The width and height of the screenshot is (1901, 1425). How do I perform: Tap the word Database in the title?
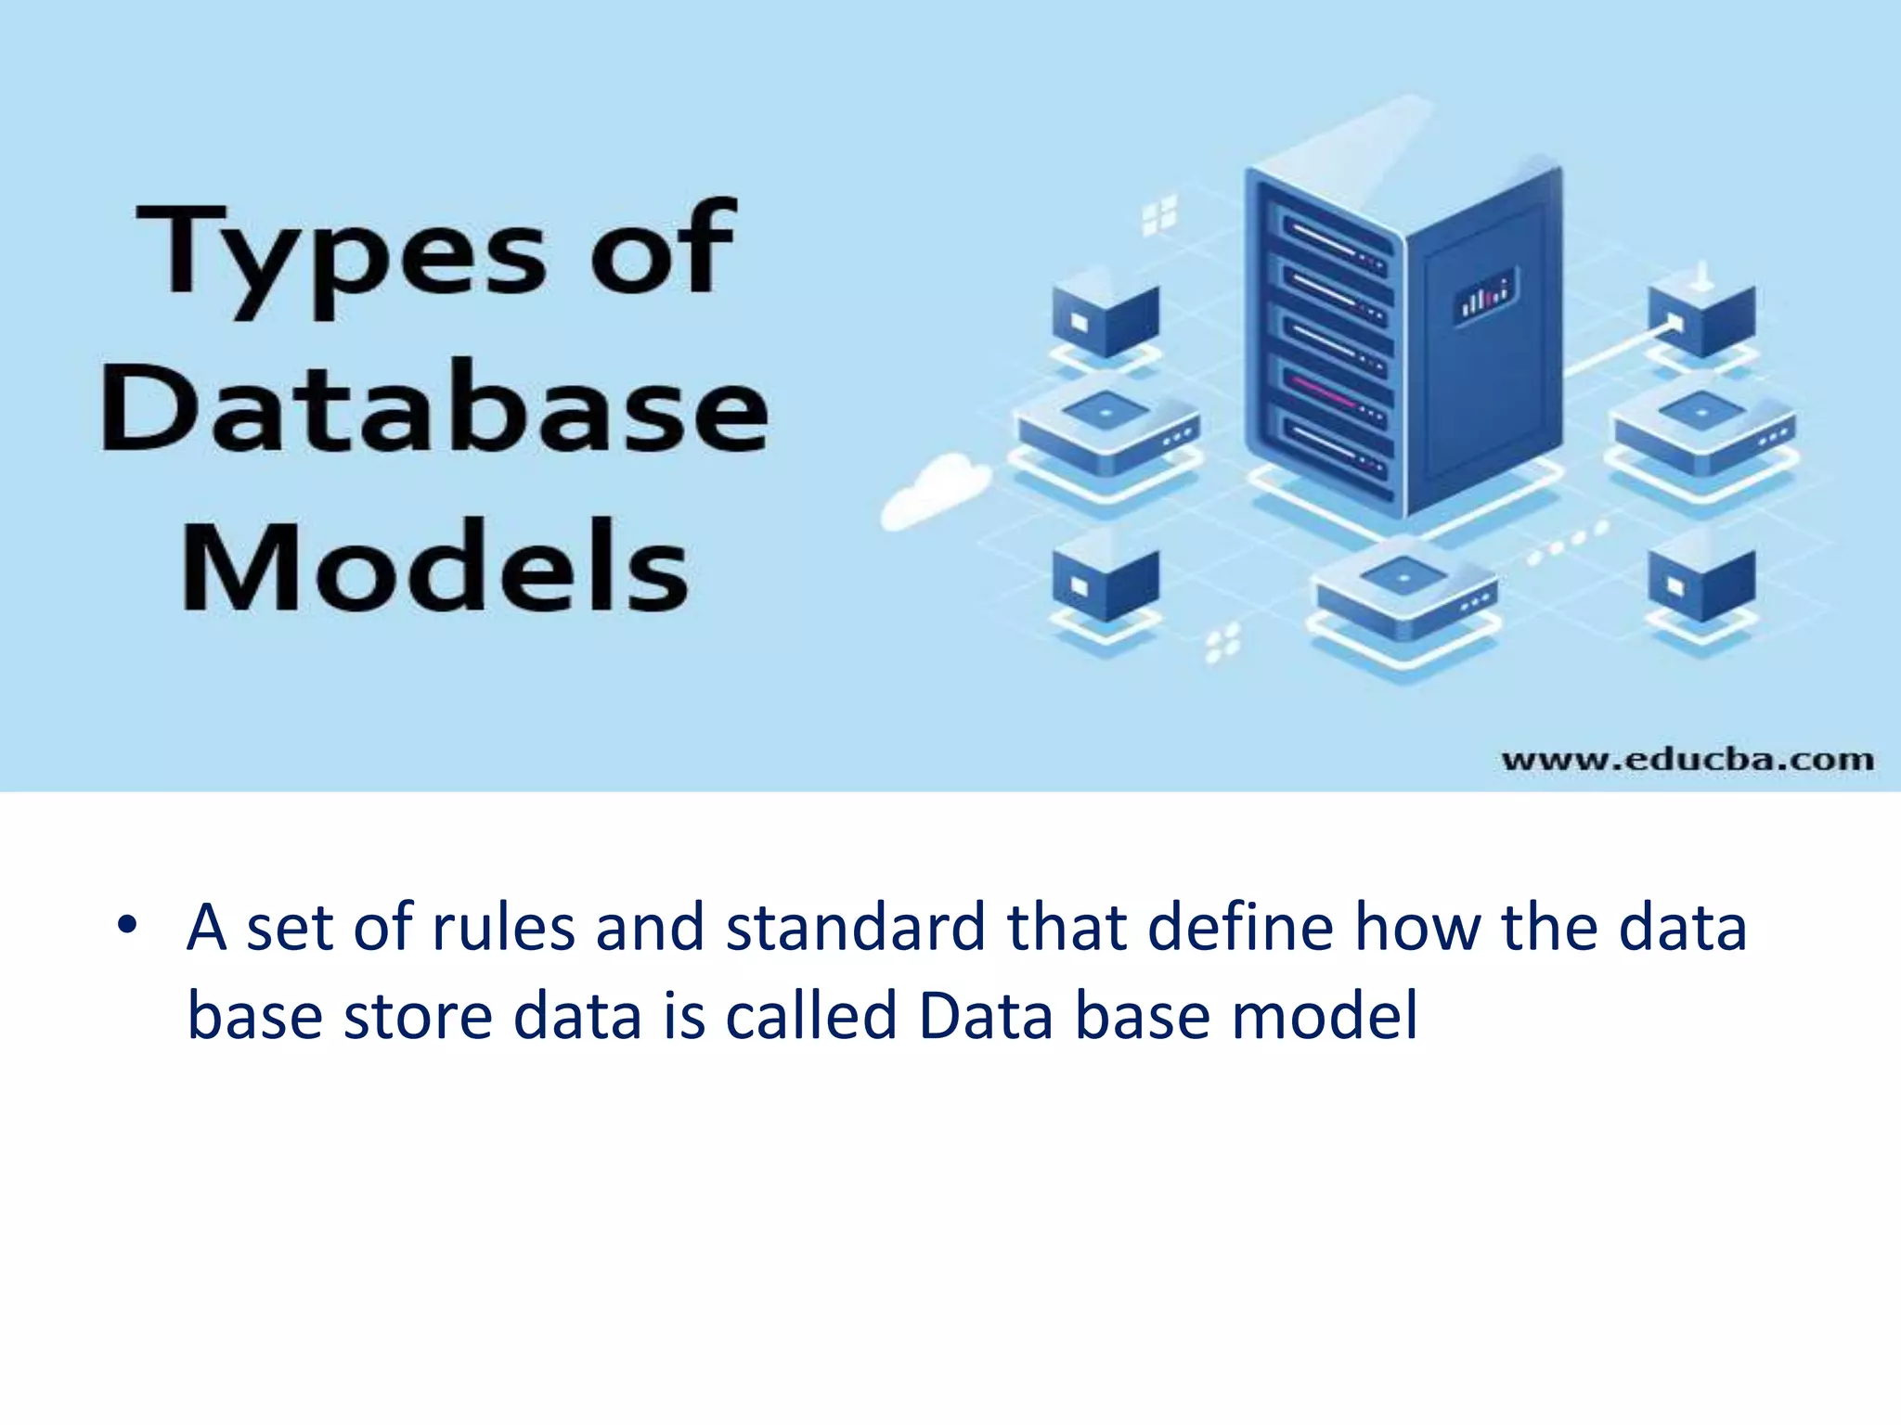pos(434,410)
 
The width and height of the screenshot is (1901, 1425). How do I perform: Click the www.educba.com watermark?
pos(1687,760)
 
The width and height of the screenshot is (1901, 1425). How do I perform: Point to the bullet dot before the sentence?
pos(127,925)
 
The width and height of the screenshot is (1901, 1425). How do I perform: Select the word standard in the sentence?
pos(855,928)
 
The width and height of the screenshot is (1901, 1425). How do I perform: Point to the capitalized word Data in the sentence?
pos(986,1015)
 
